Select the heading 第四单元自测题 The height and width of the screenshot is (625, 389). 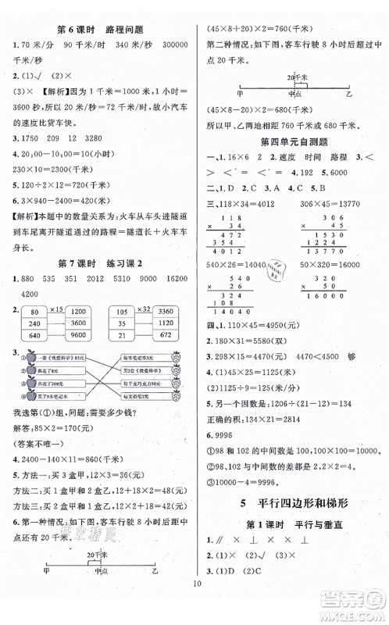point(291,141)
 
